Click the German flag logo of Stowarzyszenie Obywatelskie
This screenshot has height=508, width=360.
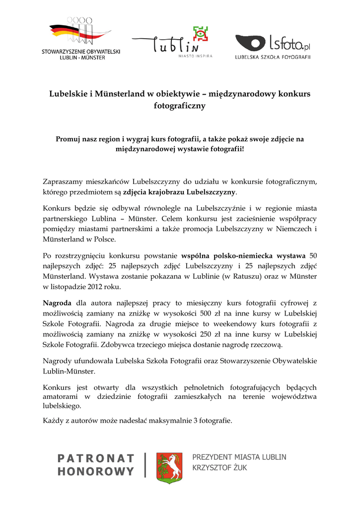[79, 32]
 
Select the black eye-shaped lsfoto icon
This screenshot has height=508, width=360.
[250, 43]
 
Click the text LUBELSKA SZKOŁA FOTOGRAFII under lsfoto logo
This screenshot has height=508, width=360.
[273, 57]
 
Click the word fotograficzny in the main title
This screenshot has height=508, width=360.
[180, 106]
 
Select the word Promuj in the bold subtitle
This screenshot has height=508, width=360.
[69, 139]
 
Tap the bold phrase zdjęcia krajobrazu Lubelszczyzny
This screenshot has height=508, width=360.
[180, 191]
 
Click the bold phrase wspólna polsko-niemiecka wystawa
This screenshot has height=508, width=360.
[243, 256]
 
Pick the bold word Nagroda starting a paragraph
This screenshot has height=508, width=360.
[57, 303]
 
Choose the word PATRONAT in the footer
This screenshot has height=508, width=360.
[96, 458]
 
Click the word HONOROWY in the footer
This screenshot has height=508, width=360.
[96, 472]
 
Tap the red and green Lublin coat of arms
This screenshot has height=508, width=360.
[169, 467]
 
